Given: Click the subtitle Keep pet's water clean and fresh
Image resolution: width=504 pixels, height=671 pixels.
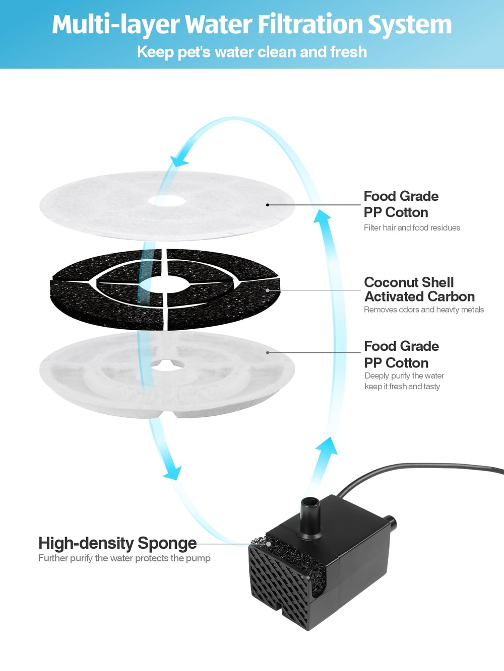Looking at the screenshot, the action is [x=252, y=52].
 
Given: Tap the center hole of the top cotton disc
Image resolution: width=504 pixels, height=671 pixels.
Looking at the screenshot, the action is [x=167, y=201].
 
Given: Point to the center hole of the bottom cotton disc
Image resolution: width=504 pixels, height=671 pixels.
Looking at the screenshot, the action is [x=167, y=365].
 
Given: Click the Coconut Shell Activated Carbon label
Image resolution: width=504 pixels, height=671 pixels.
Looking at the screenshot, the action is [x=419, y=289].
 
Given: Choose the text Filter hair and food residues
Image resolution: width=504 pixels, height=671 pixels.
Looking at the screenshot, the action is [x=412, y=228].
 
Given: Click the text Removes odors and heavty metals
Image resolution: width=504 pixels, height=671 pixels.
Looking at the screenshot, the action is [x=424, y=310].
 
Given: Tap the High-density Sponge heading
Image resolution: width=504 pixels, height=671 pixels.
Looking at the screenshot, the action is [x=117, y=544].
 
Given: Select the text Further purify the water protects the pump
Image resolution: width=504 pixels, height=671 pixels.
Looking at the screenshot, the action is [x=124, y=558].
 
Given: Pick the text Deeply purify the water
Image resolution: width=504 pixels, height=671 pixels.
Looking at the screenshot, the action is [x=404, y=376].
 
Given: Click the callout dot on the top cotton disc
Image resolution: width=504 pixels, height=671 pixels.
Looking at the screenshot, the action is [x=268, y=205].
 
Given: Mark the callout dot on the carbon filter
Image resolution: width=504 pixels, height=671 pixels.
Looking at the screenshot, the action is [x=268, y=290].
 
